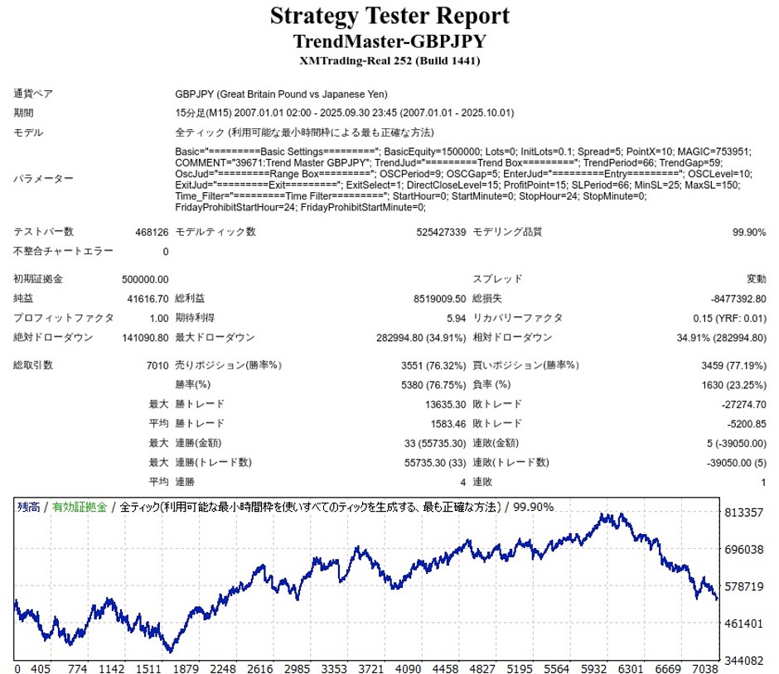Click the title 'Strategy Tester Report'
pos(389,16)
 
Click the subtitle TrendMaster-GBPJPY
pos(389,41)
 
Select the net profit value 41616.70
pos(145,298)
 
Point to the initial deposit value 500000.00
pos(145,279)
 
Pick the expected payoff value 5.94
pos(456,318)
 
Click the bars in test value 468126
pos(152,233)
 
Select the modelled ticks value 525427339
pos(435,233)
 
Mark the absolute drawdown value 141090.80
pos(143,338)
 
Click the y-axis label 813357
pos(744,513)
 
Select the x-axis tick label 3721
pos(366,668)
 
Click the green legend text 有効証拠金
pos(80,507)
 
